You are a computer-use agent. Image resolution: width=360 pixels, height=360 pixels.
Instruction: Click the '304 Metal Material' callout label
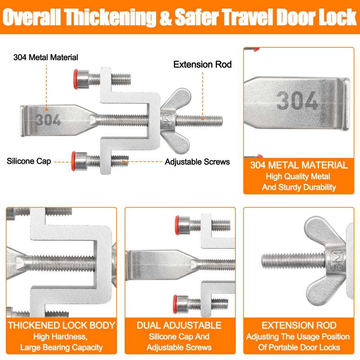coord(45,57)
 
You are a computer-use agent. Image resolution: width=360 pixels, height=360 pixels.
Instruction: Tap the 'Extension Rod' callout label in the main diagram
coord(202,64)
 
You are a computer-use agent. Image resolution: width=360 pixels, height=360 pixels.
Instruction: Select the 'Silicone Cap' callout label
coord(29,161)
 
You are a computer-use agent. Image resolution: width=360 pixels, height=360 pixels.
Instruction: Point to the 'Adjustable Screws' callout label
coord(197,162)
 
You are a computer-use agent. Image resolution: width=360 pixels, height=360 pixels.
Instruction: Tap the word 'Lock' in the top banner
coord(333,17)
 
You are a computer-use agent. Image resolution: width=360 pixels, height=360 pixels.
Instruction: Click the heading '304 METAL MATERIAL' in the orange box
coord(299,165)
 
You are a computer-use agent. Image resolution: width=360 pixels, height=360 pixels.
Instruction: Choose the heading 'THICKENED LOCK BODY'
coord(62,325)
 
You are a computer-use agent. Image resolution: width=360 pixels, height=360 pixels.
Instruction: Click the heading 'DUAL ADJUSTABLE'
coord(180,325)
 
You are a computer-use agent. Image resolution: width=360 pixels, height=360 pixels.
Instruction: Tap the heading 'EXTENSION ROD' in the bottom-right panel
coord(299,325)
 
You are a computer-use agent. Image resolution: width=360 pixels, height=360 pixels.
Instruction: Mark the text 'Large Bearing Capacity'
coord(62,347)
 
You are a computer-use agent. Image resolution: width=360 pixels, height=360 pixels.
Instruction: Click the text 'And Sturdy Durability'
coord(299,187)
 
